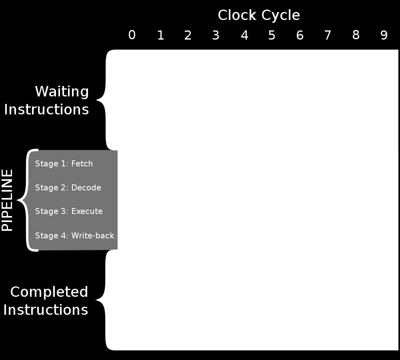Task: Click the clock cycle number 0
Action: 132,35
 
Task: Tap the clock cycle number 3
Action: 216,35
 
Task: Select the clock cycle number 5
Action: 272,35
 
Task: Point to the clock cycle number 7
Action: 328,35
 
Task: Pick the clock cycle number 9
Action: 384,35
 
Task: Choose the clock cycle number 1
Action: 160,35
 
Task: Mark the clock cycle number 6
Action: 300,35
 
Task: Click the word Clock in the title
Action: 237,15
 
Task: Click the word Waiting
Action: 62,91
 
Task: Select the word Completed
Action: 49,292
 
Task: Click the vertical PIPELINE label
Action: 7,200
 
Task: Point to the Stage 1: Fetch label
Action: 64,163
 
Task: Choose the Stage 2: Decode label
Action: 68,188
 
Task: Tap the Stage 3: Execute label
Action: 69,211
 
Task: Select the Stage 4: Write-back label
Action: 74,235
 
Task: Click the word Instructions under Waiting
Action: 46,110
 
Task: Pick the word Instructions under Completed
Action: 46,310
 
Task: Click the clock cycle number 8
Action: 356,35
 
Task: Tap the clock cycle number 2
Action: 188,35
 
